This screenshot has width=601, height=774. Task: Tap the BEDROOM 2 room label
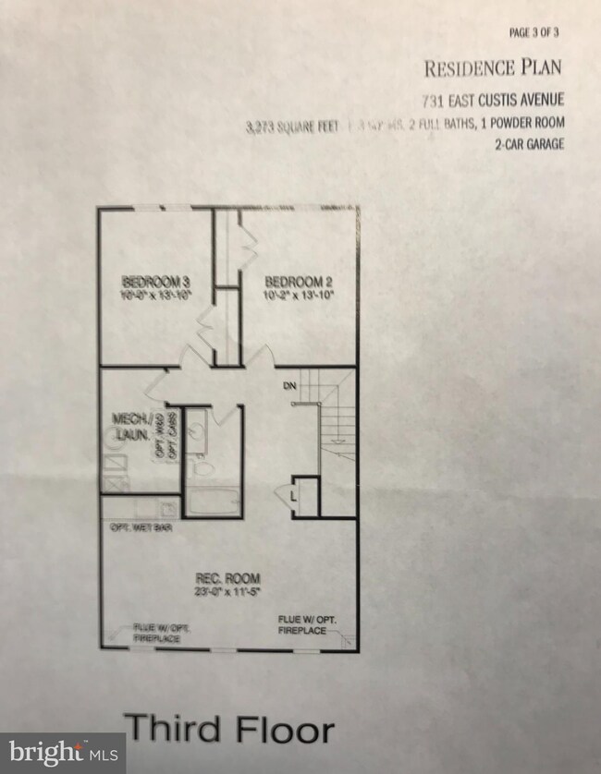tap(293, 281)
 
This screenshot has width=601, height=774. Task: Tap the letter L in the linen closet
tap(293, 497)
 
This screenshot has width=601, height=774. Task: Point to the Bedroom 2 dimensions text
tap(293, 296)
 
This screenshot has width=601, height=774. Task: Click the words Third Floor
tap(230, 728)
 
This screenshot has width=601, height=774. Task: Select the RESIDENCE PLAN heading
tap(493, 67)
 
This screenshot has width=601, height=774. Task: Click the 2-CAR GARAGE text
tap(528, 144)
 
